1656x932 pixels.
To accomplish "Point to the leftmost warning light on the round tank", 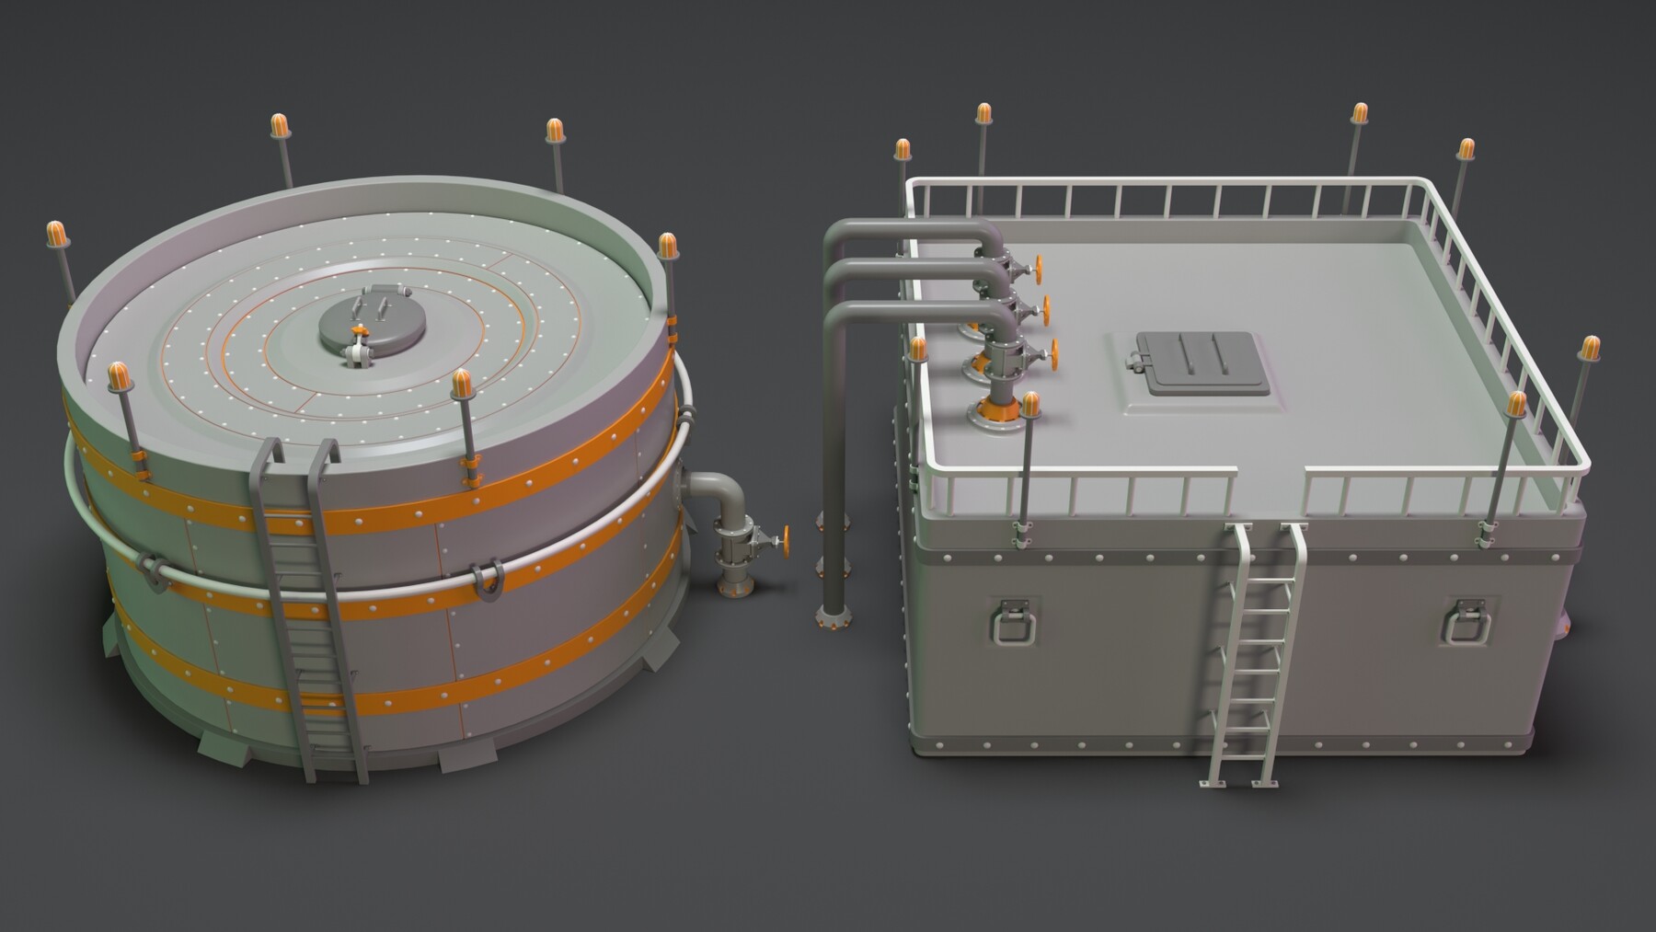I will coord(57,233).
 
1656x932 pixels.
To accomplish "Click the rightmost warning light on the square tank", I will coord(1591,348).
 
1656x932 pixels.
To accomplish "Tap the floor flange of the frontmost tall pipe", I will coord(833,619).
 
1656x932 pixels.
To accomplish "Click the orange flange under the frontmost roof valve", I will coord(994,408).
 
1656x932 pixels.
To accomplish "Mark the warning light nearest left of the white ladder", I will coord(1030,403).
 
